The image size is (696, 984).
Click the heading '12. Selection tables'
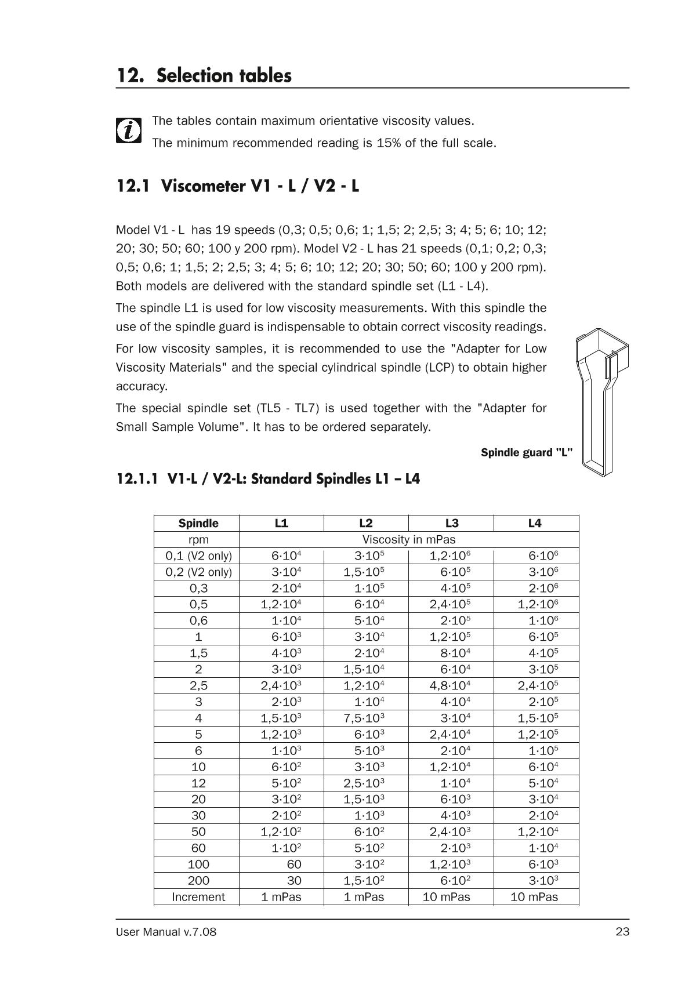coord(204,75)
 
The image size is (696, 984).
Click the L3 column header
coord(451,523)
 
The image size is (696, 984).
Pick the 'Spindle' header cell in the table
coord(198,523)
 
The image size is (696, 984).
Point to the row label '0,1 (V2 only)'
coord(198,555)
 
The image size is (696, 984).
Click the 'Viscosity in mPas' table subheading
coord(409,539)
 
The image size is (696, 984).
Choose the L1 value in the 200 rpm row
coord(294,880)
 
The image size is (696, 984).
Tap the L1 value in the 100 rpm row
coord(294,864)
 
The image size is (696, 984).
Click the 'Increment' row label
coord(198,896)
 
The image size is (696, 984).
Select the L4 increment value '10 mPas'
coord(534,896)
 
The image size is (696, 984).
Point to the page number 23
coord(622,932)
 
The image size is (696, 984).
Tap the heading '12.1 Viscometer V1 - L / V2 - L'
coord(238,186)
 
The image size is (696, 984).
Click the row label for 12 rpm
coord(198,783)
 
